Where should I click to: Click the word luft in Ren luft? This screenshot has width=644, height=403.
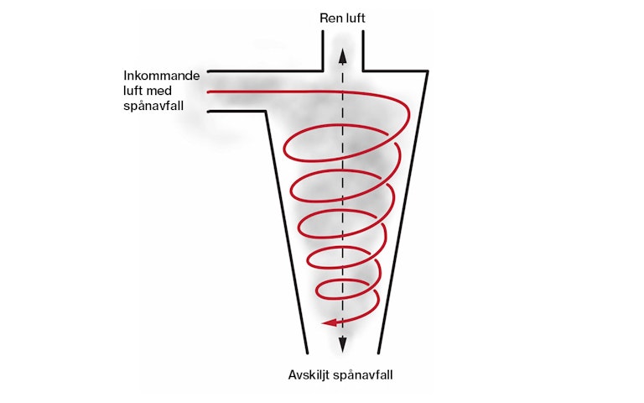[x=355, y=18]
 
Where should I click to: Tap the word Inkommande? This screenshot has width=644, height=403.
[x=161, y=76]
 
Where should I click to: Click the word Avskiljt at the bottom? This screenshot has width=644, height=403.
[x=309, y=374]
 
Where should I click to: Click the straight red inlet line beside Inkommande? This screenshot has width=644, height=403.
[x=243, y=91]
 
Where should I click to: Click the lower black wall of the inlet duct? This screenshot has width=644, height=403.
[x=235, y=112]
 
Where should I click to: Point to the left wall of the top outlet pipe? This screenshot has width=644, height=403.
[x=322, y=50]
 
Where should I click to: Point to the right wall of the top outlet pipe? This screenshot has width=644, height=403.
[x=361, y=50]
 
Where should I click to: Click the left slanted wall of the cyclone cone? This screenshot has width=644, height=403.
[x=283, y=218]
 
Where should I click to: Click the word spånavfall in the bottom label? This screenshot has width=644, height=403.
[x=362, y=374]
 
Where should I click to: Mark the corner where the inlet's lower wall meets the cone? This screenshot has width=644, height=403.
[x=267, y=112]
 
